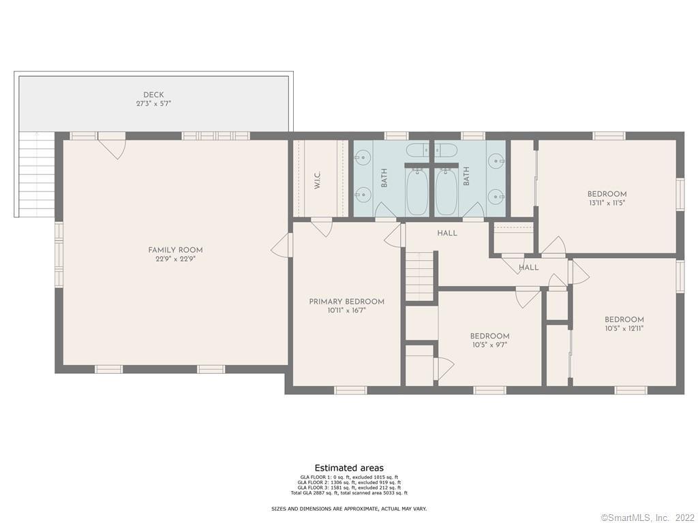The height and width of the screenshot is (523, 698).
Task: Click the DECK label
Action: pos(153,95)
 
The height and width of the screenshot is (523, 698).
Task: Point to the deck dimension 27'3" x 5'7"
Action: pos(153,104)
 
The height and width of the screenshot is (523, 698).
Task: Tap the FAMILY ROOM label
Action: pos(175,250)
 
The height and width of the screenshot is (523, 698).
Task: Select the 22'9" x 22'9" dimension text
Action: pos(175,259)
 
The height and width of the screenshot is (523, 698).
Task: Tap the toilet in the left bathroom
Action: pos(416,150)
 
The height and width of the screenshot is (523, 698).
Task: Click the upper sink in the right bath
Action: pos(496,161)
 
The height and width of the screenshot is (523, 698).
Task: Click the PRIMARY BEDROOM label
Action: pos(346,302)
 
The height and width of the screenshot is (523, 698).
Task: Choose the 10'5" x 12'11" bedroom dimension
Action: pos(624,328)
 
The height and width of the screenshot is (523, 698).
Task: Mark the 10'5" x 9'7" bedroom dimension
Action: pos(489,345)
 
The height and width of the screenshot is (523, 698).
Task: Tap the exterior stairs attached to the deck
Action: pos(35,174)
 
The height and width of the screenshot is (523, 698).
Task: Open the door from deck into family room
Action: pos(111,146)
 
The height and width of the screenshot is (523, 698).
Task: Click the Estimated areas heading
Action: pos(349,468)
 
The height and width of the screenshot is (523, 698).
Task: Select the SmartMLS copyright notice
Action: pos(648,518)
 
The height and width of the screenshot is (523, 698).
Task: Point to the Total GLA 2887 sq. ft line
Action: pos(349,492)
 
